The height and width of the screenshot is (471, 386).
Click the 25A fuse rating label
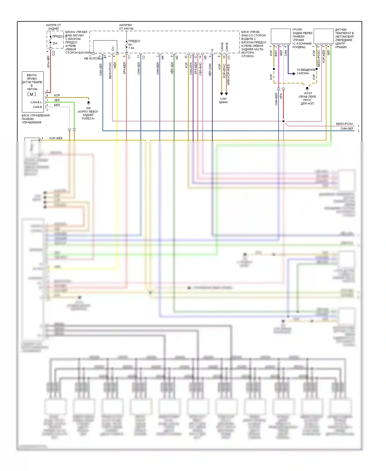[55, 43]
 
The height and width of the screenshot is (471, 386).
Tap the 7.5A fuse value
[131, 48]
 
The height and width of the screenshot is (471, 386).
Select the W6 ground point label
[88, 108]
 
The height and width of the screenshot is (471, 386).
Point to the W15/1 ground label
[308, 93]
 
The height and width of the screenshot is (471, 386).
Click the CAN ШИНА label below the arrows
[223, 100]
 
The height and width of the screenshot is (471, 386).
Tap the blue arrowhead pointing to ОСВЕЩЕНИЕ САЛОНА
[294, 74]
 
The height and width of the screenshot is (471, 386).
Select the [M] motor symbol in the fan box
[32, 95]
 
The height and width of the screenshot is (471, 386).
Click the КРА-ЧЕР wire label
[48, 62]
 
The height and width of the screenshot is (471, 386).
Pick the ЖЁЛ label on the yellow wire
[115, 65]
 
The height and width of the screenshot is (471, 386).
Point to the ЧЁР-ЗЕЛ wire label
[172, 68]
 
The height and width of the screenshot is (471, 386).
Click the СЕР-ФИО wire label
[200, 69]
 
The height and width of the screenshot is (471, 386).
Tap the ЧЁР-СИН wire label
[210, 70]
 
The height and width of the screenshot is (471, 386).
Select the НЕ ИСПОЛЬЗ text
[93, 58]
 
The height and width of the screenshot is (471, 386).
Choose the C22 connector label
[54, 53]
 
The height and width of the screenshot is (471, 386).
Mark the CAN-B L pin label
[36, 102]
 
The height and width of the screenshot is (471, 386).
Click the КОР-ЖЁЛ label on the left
[56, 138]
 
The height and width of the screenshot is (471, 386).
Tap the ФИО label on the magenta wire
[276, 53]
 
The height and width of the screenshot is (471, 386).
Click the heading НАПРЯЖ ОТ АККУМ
[126, 27]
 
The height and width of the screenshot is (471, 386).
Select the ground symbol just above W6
[89, 103]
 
